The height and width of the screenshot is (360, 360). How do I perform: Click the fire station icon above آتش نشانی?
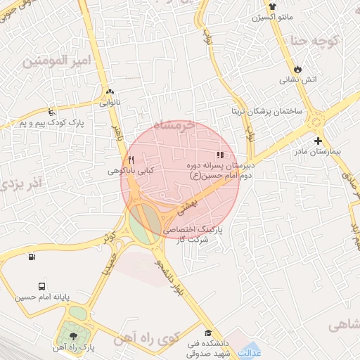[297, 69]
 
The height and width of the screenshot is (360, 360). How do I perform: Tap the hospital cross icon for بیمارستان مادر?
[319, 141]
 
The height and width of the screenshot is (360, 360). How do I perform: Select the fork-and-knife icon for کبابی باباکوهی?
[131, 160]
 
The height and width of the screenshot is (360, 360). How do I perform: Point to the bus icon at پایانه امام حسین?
[43, 287]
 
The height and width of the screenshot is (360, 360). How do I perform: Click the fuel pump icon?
[31, 257]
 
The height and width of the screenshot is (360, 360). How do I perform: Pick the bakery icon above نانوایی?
[109, 91]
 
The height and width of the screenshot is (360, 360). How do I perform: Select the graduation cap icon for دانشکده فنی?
[207, 333]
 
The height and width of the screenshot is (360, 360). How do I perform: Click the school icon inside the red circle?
[220, 155]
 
